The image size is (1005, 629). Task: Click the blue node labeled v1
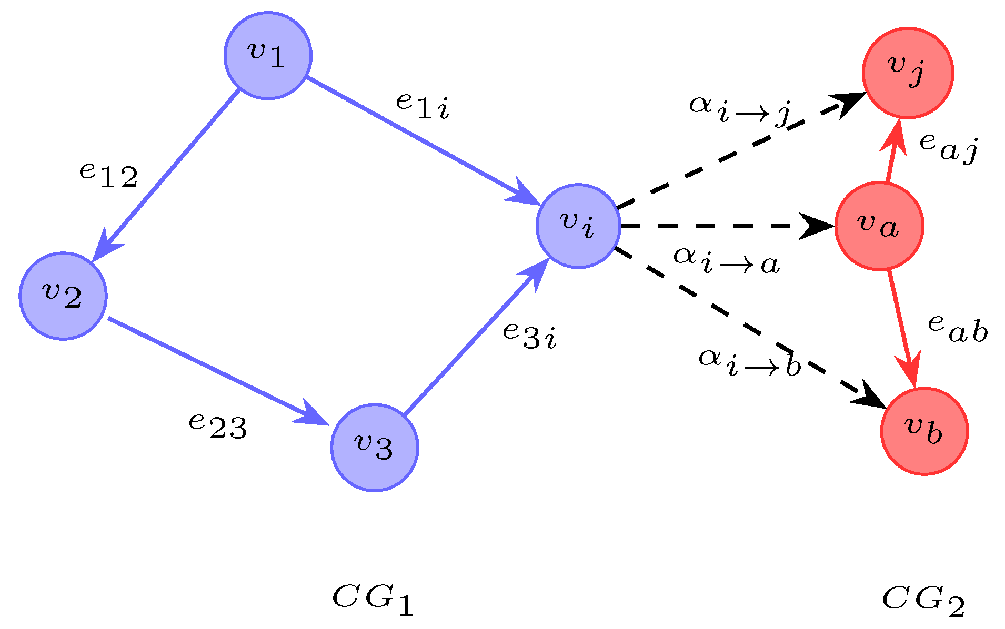[268, 55]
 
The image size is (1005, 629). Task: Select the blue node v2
[63, 296]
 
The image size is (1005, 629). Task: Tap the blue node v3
[375, 448]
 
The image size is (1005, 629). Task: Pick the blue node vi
[578, 226]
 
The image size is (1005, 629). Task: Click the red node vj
[908, 73]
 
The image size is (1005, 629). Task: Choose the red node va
[879, 226]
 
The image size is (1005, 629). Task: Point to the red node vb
[924, 431]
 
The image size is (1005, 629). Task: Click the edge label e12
[108, 175]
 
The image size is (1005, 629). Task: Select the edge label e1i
[423, 106]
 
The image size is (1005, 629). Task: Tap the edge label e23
[218, 426]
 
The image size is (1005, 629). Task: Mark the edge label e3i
[529, 336]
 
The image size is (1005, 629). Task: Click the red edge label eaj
[948, 148]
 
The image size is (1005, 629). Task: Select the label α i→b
[749, 362]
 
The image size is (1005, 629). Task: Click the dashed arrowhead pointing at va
[818, 226]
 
